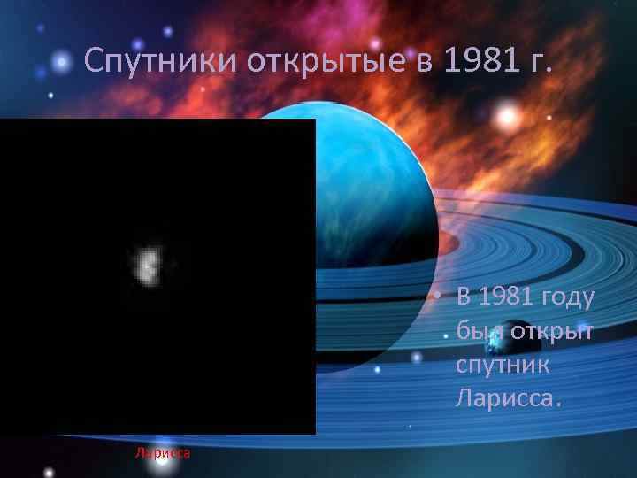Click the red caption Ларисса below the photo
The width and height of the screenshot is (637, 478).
(x=163, y=453)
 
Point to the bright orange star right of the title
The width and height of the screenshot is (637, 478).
(x=508, y=115)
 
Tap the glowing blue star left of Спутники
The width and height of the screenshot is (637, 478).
(x=60, y=62)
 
